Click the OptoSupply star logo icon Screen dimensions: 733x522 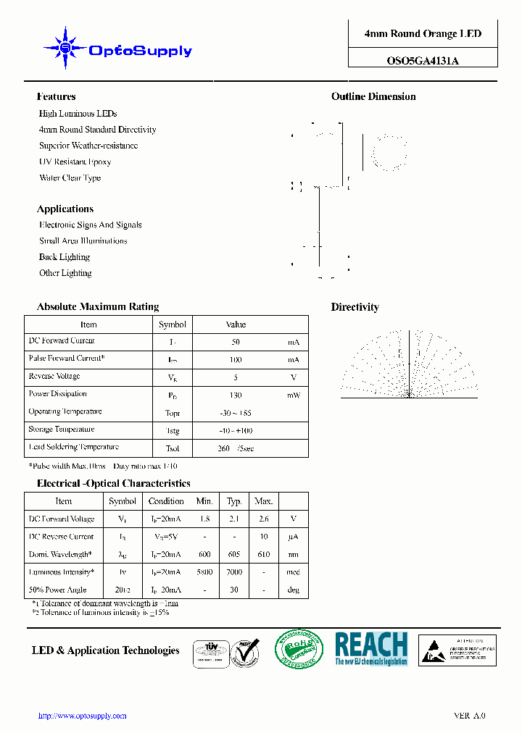tap(65, 48)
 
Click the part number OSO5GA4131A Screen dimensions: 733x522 tap(423, 61)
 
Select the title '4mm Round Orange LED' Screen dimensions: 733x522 tap(423, 34)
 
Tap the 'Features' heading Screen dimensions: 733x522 tap(56, 96)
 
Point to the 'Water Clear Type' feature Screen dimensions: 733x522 tap(70, 178)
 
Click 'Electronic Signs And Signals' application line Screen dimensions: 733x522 tap(90, 225)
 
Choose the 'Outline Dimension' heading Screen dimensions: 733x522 tap(373, 96)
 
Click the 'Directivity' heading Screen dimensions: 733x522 tap(355, 307)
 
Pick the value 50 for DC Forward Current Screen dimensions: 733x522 tap(236, 342)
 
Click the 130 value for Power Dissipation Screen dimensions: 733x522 tap(236, 395)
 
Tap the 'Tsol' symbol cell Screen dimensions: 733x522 tap(172, 448)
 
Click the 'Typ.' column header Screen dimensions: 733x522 tap(234, 501)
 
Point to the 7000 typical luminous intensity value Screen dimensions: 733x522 tap(234, 572)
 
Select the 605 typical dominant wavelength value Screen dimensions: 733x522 tap(234, 555)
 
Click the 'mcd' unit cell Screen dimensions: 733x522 tap(293, 572)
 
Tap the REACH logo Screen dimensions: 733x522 tap(371, 649)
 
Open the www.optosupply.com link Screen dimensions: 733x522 tap(82, 716)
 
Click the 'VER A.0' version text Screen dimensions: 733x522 tap(470, 716)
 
